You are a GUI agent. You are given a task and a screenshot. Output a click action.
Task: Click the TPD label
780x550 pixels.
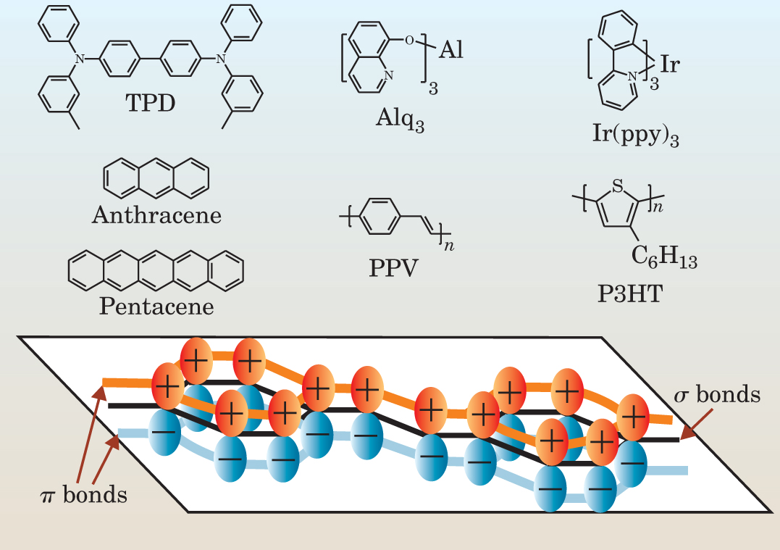point(151,104)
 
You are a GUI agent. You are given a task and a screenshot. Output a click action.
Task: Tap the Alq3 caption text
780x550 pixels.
point(399,119)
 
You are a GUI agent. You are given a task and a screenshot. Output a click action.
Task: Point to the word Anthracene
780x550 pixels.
point(156,214)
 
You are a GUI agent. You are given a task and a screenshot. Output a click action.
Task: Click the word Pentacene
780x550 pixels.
point(156,306)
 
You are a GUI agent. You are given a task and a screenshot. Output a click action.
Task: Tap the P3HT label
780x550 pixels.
point(626,294)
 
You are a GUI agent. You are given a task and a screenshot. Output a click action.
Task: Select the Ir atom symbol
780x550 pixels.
point(669,64)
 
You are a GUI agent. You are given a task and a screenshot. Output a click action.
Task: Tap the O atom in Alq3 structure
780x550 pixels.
point(409,40)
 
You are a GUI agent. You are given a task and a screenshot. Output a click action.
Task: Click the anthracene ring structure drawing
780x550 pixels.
point(156,176)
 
